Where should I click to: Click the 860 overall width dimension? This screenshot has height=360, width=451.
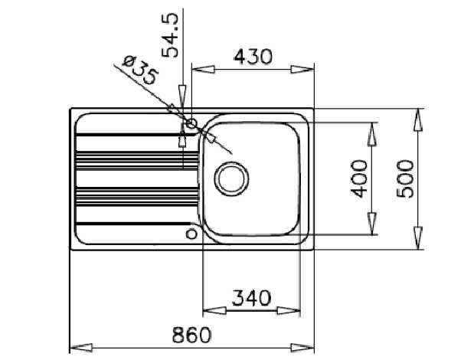tap(191, 335)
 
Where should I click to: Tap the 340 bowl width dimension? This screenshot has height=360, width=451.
tap(252, 298)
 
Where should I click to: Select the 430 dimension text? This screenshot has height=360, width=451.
tap(253, 57)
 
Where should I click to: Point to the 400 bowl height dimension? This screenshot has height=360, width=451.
tap(359, 178)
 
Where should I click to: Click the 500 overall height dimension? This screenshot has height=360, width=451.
tap(405, 178)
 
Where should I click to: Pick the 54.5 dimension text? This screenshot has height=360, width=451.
tap(170, 35)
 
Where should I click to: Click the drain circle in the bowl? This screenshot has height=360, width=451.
tap(231, 178)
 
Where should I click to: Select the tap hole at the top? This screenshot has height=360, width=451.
tap(191, 124)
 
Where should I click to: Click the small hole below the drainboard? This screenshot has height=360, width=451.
tap(191, 234)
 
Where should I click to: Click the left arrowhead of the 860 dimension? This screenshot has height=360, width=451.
tap(81, 347)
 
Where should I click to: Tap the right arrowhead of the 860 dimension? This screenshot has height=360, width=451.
tap(302, 347)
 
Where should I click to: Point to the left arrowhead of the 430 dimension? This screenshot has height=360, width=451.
tap(203, 70)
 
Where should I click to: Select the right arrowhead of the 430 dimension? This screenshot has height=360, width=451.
tap(302, 70)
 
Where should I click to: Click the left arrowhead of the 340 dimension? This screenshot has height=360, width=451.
tap(214, 310)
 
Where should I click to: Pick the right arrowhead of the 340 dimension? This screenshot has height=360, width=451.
tap(289, 310)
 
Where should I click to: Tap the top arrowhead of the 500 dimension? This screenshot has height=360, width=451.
tap(418, 120)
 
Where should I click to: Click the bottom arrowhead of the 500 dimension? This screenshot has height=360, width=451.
tap(418, 238)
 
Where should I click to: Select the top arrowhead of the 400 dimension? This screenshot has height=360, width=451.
tap(372, 134)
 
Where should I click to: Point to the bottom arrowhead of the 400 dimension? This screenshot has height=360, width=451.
tap(372, 224)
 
